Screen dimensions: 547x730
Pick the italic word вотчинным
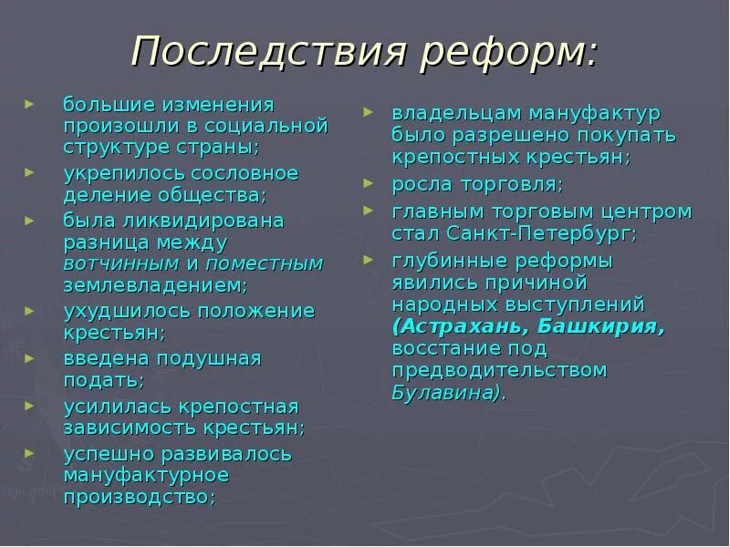[120, 263]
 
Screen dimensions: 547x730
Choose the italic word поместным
[265, 263]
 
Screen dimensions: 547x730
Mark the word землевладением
[155, 285]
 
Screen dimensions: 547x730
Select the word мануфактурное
[146, 475]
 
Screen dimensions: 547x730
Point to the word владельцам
[453, 113]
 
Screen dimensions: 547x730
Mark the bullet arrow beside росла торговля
[369, 183]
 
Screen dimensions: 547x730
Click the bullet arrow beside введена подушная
[32, 357]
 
